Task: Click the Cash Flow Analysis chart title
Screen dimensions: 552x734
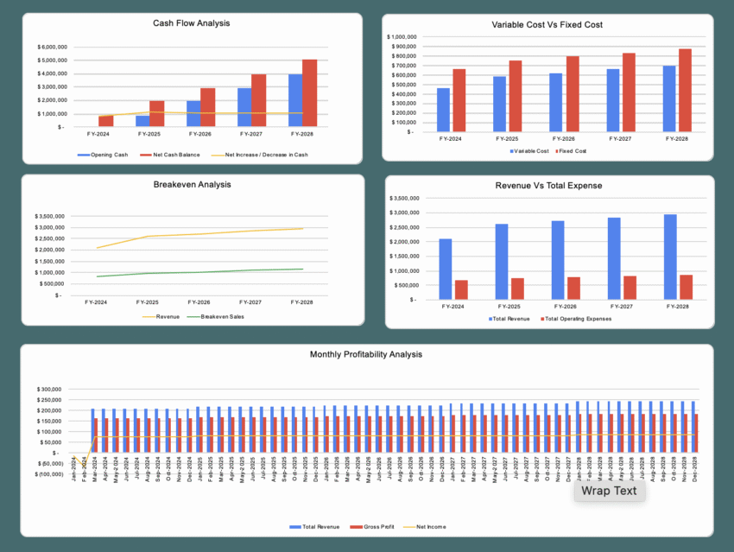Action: (191, 22)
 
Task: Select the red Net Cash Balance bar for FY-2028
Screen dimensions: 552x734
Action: (309, 93)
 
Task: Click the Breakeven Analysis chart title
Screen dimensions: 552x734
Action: (191, 184)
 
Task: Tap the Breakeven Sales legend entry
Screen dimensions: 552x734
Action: (223, 317)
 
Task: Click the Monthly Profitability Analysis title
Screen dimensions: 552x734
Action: (366, 354)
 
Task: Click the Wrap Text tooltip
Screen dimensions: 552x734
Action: (608, 491)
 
